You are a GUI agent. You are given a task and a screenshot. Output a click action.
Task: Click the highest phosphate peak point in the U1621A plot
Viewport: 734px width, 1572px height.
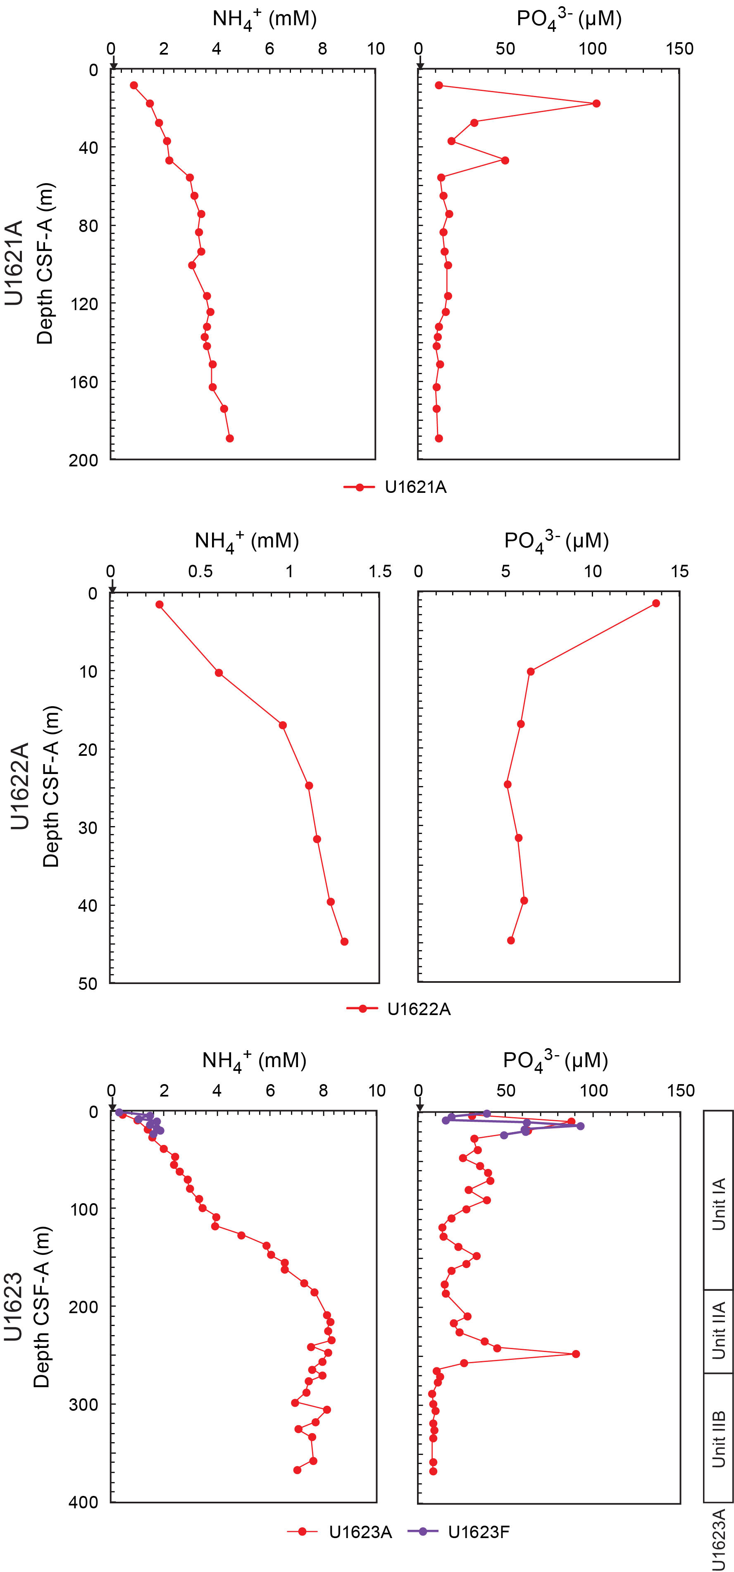596,103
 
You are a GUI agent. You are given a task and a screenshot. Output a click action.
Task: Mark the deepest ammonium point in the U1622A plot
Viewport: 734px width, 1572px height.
344,941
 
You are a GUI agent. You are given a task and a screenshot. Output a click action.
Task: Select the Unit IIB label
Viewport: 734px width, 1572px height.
719,1439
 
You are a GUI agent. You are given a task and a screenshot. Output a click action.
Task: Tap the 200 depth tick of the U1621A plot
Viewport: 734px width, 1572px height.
83,460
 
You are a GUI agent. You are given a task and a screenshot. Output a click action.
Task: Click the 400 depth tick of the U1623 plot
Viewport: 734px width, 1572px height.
83,1503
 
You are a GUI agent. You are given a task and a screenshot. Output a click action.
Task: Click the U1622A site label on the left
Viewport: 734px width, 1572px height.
19,786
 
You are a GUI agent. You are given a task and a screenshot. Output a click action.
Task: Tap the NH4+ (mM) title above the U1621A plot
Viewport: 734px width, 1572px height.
264,19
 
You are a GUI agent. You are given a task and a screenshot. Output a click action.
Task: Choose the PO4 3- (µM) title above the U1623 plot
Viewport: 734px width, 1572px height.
555,1061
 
